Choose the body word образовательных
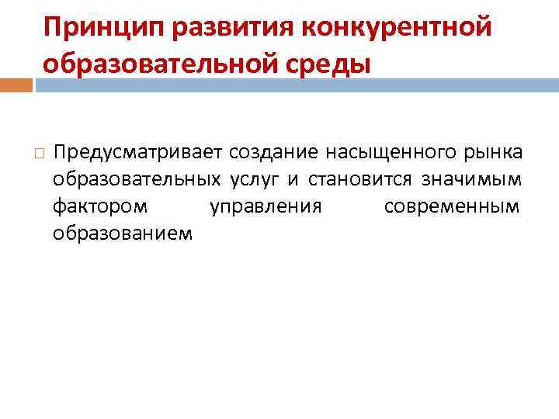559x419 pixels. tap(136, 180)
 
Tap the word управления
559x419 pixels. tap(266, 208)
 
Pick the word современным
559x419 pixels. tap(452, 208)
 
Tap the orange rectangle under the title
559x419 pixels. tap(16, 85)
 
